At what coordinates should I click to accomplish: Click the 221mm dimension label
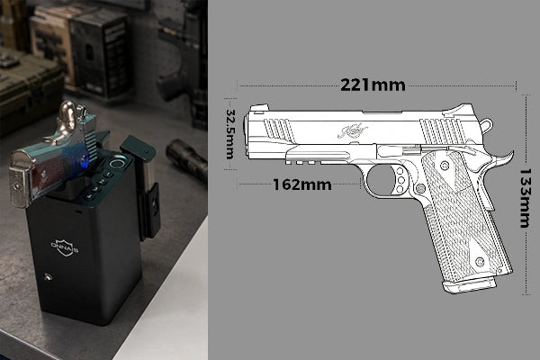tap(373, 85)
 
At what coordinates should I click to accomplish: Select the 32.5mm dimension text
tap(230, 134)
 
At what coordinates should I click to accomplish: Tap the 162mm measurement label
tap(302, 184)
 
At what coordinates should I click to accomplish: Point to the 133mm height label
tap(525, 198)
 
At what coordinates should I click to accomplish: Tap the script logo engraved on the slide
tap(354, 131)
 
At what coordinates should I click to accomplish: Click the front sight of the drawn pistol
tap(256, 109)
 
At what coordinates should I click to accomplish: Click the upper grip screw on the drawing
tap(445, 166)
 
